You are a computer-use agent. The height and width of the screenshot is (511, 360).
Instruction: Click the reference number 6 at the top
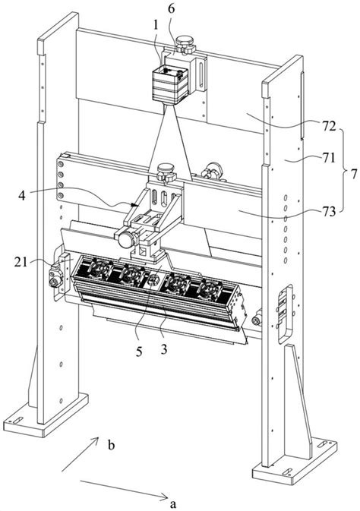[171, 9]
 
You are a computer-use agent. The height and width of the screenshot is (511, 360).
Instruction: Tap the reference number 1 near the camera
[156, 26]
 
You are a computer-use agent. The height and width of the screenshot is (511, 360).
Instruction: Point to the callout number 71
[328, 158]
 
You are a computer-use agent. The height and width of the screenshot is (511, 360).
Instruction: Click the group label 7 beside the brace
[354, 175]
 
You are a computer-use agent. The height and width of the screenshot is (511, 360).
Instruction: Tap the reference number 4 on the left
[21, 196]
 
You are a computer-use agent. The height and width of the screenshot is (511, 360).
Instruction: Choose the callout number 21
[21, 261]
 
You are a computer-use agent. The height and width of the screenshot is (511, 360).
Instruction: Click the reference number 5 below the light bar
[139, 352]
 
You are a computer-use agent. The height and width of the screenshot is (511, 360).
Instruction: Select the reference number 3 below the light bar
[164, 349]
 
